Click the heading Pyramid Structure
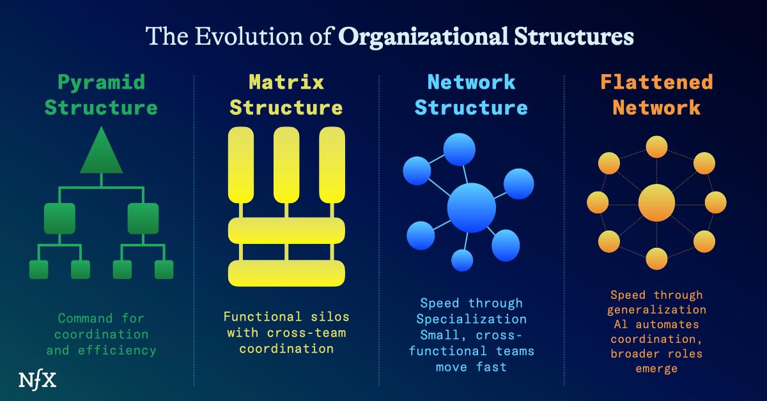point(101,95)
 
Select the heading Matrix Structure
point(286,95)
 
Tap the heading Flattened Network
point(656,95)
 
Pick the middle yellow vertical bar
point(286,164)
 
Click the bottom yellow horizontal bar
point(286,273)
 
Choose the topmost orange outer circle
point(656,146)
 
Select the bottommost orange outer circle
point(656,259)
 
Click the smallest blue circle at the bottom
point(462,260)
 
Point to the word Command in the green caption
point(82,318)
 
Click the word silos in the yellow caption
point(329,317)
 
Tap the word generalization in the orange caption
point(656,310)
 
